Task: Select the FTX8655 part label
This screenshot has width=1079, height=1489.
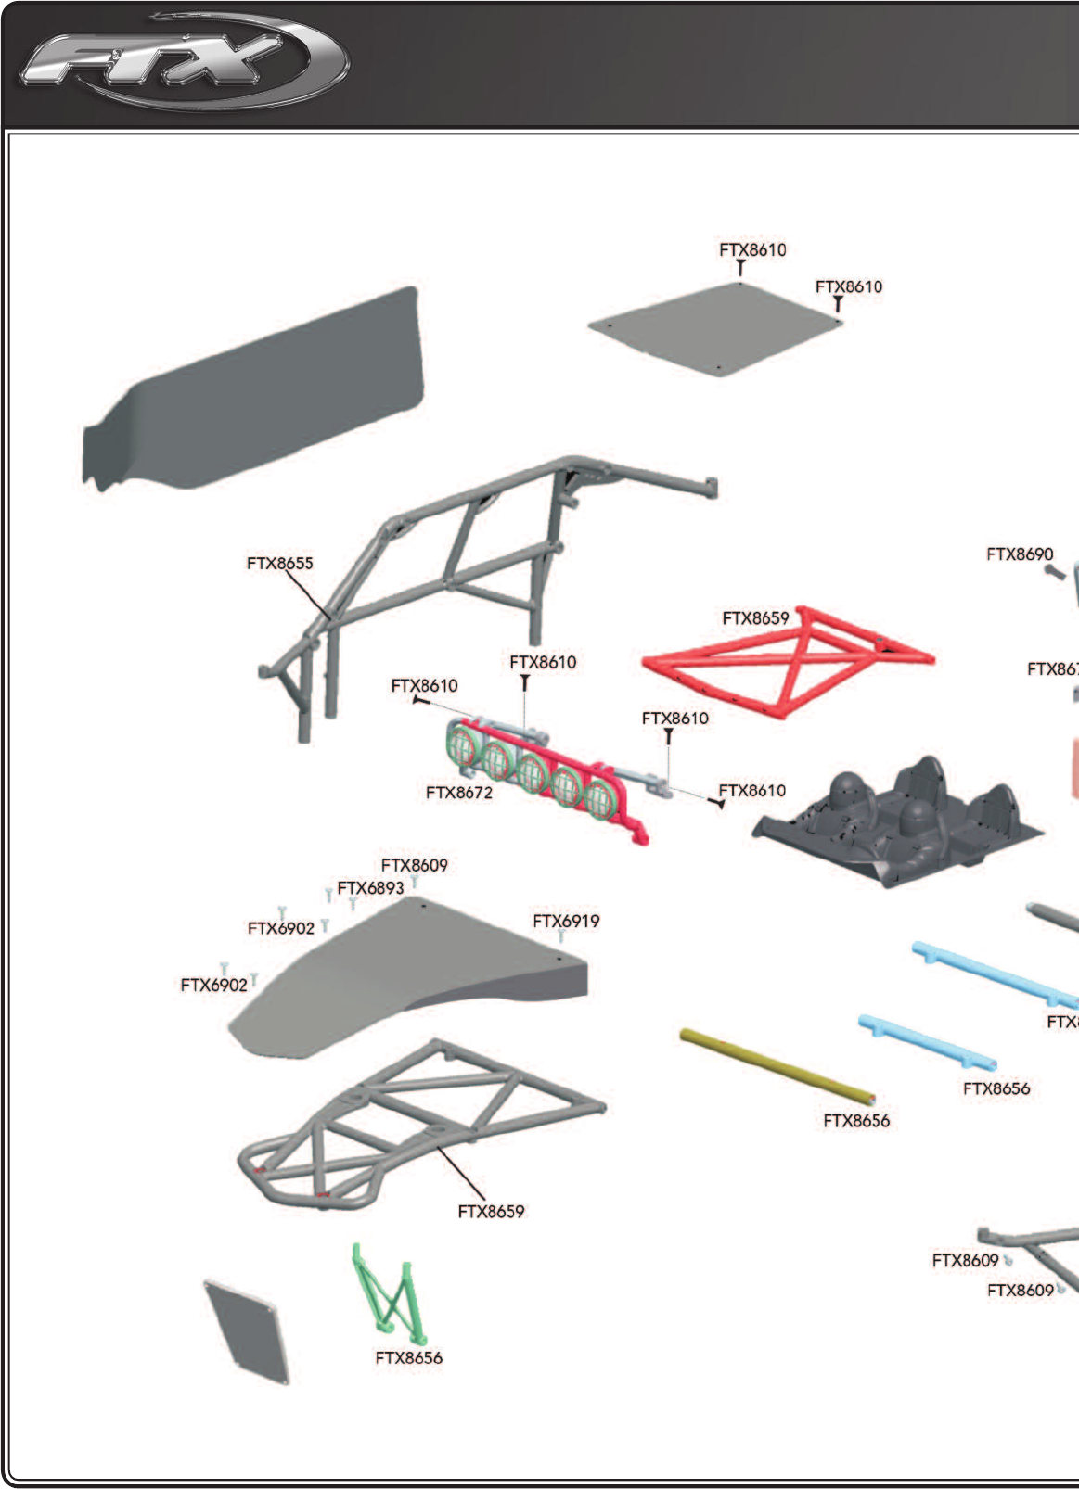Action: pos(279,563)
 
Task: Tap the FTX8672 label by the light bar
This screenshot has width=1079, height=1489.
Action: pos(458,793)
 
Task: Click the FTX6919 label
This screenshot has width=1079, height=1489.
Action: pos(566,921)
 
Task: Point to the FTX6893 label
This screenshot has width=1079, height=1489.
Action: pos(370,888)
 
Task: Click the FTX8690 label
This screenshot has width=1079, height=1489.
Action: pos(1020,554)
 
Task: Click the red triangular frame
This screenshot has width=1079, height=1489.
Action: pos(787,660)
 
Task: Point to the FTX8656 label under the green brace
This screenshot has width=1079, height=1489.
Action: pos(408,1357)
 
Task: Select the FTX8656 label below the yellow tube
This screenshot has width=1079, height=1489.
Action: pos(855,1121)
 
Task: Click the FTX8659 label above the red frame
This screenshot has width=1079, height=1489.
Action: pos(755,618)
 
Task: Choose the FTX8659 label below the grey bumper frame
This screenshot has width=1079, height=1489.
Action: pos(491,1211)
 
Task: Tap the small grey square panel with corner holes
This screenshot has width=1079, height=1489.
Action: pos(246,1332)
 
